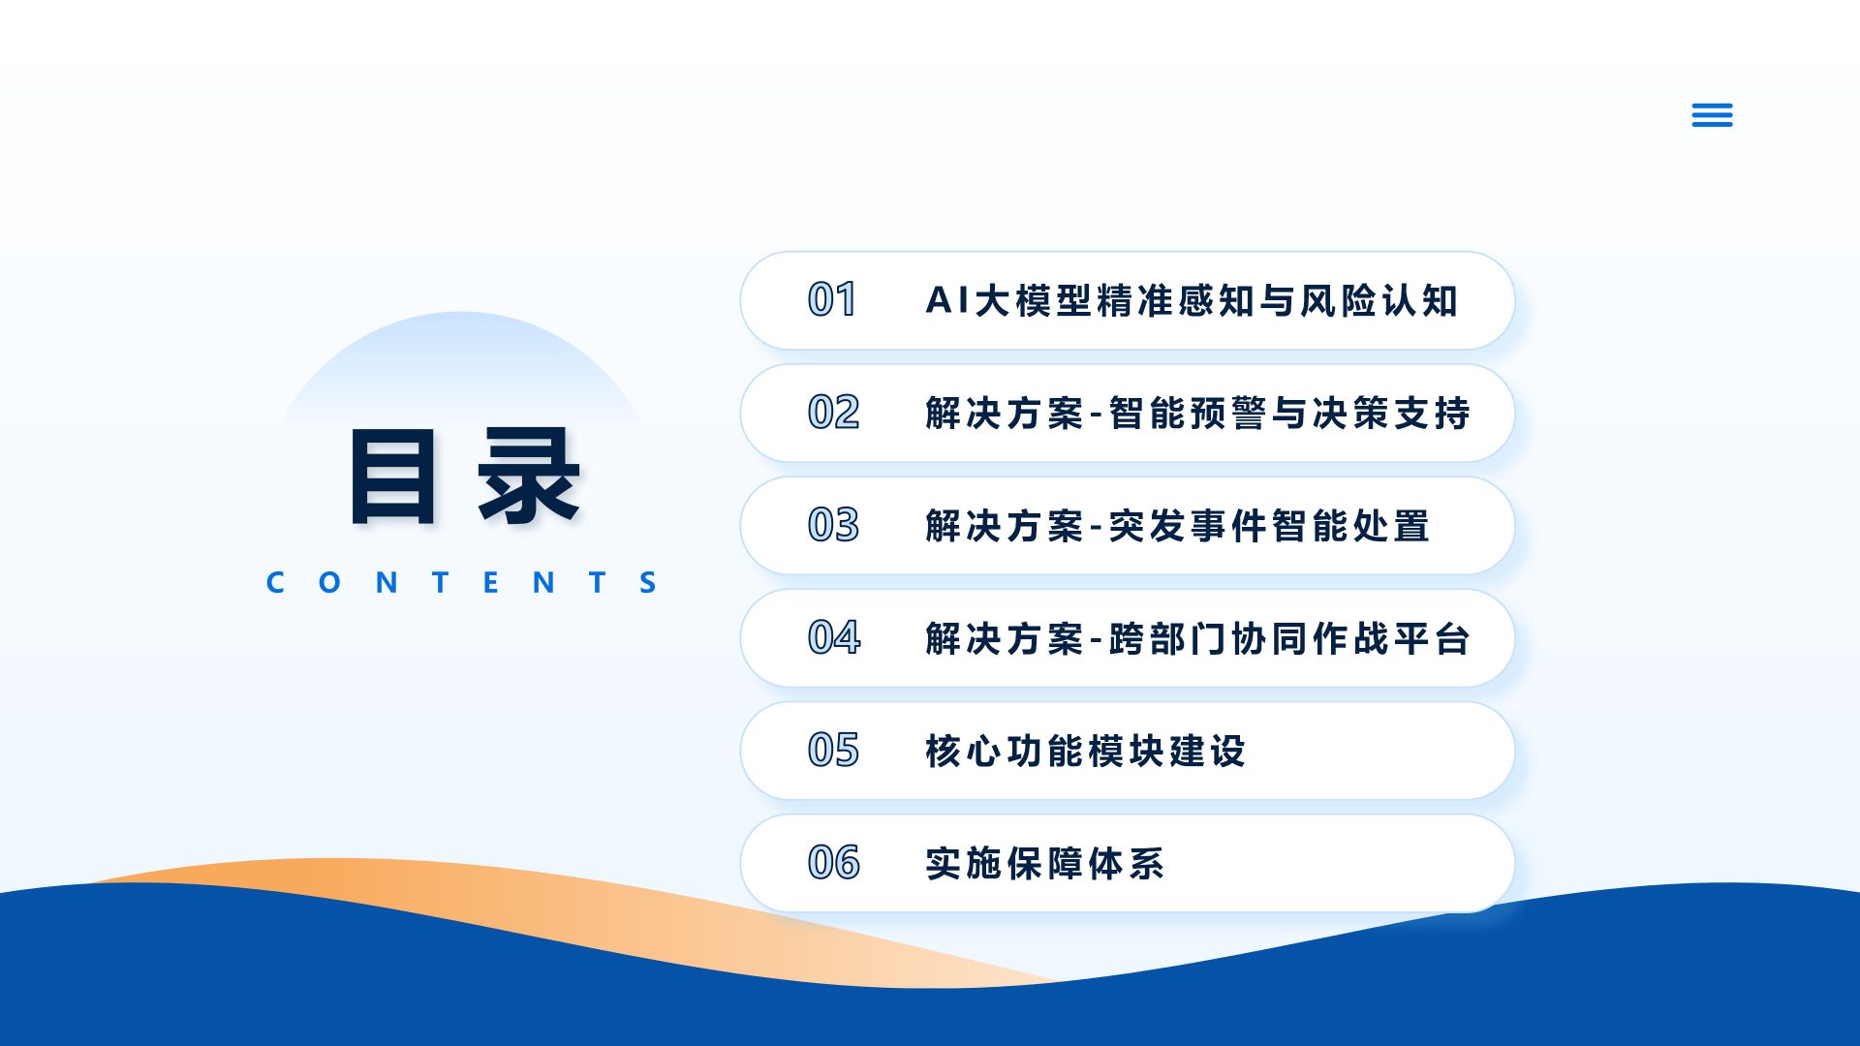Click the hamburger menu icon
1712,115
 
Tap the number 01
832,300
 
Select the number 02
833,413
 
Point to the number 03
833,525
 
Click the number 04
834,637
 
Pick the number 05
833,750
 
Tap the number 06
833,862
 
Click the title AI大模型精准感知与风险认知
1192,300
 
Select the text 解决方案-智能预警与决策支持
1197,413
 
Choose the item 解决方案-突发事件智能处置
1177,526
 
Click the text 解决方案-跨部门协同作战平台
1197,638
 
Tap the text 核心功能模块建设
1085,751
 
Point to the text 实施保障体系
1044,863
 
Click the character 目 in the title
392,477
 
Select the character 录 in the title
529,477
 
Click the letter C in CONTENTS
275,582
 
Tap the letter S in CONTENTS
648,582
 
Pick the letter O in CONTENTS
329,582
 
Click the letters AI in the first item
947,300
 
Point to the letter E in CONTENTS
490,582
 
